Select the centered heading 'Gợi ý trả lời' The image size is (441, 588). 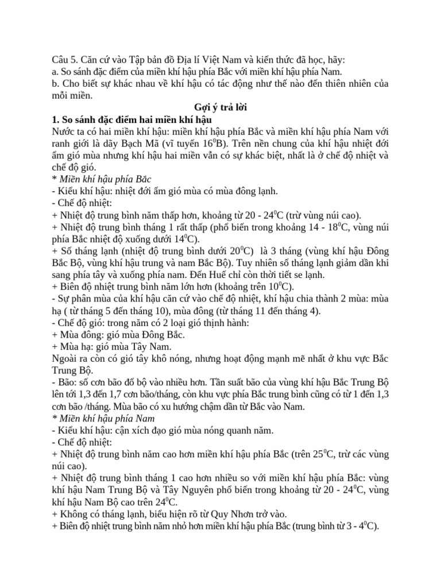tap(221, 108)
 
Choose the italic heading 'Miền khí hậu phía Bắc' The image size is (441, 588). tap(103, 179)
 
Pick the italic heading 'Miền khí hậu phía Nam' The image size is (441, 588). tap(104, 418)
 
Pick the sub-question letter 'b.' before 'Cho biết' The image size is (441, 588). tap(56, 84)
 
